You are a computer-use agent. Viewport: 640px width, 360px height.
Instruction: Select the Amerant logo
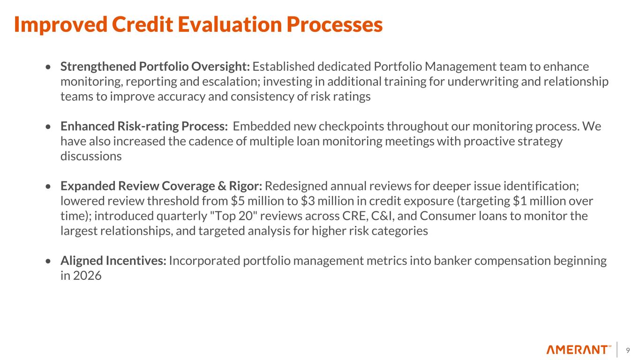(x=579, y=350)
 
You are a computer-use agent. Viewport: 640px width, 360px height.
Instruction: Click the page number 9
(x=628, y=350)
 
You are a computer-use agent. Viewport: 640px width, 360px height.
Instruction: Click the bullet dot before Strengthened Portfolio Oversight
(x=48, y=67)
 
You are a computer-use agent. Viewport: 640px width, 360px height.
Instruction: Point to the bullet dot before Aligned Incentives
(x=48, y=261)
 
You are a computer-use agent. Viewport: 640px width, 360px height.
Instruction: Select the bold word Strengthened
(x=98, y=67)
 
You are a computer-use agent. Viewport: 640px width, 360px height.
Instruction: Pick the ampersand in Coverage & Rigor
(x=221, y=186)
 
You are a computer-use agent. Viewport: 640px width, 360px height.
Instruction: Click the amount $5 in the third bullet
(x=238, y=201)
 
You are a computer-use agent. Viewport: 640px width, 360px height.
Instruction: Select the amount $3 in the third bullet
(x=308, y=201)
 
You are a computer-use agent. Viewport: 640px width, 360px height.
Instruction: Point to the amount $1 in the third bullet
(x=520, y=201)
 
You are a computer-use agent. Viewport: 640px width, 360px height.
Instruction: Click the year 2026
(x=87, y=276)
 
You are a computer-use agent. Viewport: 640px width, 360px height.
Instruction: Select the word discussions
(x=91, y=157)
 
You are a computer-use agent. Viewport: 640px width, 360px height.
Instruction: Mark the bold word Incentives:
(x=136, y=261)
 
